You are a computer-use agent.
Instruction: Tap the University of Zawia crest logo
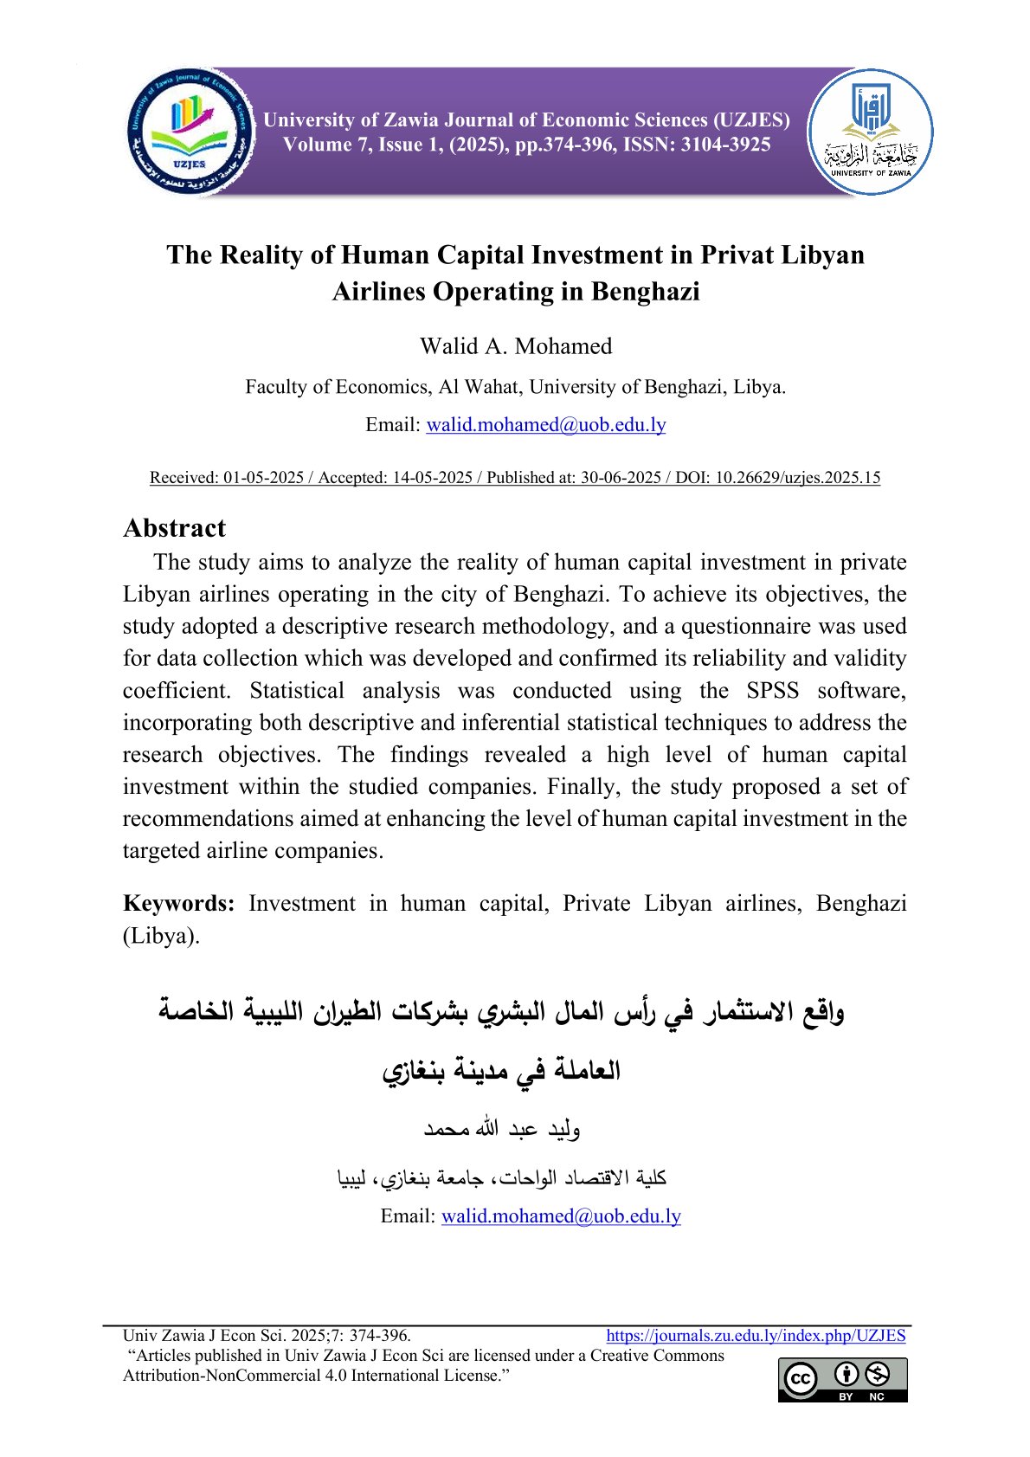click(871, 132)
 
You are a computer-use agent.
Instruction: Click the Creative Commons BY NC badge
click(842, 1379)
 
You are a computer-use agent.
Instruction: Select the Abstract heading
click(174, 528)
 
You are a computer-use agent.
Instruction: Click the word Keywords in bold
click(178, 903)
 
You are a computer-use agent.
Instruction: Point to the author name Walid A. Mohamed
click(516, 346)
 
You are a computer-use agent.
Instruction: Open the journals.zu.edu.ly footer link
click(756, 1336)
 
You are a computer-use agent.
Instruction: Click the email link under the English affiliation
click(546, 425)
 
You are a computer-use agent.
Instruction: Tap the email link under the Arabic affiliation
click(561, 1216)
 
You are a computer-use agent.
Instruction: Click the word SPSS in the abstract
click(772, 691)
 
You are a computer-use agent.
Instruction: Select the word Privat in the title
click(737, 255)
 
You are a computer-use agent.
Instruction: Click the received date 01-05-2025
click(263, 477)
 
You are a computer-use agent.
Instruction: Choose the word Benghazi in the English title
click(645, 292)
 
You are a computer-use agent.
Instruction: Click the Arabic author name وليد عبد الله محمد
click(501, 1129)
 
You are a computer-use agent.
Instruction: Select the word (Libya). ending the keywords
click(162, 936)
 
